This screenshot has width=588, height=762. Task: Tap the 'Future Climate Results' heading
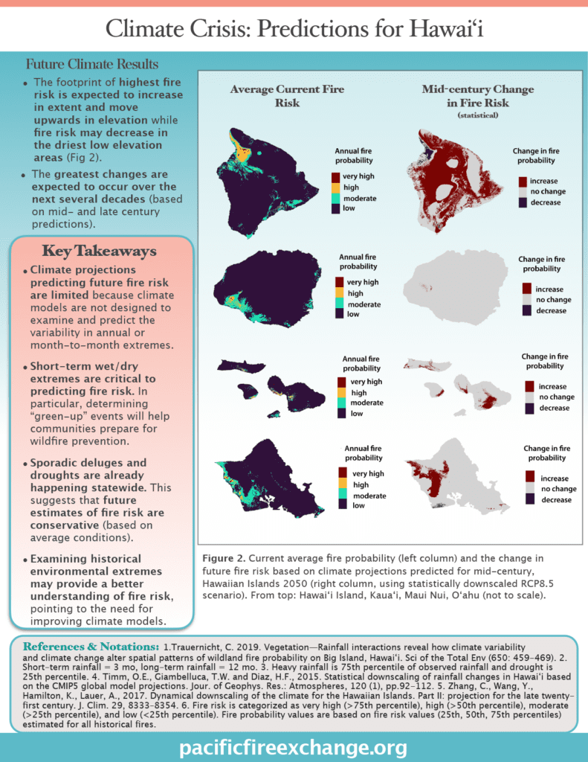[x=92, y=65]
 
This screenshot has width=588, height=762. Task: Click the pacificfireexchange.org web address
[x=294, y=746]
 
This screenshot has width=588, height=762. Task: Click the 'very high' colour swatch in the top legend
[x=337, y=176]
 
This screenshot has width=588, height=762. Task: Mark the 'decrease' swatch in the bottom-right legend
[x=531, y=499]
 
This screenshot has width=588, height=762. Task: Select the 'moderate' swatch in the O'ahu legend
[x=342, y=495]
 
